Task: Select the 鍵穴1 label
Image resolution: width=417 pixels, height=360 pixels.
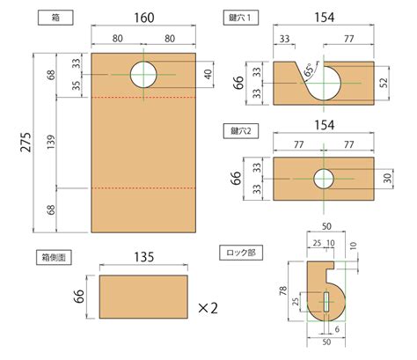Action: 243,17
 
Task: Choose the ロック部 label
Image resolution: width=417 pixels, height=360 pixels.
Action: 241,253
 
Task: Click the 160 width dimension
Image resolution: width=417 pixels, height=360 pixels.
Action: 145,17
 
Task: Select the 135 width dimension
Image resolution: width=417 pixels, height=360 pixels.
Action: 144,257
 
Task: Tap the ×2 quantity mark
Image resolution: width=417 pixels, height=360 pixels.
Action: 208,308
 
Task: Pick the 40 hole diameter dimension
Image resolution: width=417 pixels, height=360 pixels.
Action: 208,75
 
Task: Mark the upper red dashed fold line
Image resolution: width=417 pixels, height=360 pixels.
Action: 143,96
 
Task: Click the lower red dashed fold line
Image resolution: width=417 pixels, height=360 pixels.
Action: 143,187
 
